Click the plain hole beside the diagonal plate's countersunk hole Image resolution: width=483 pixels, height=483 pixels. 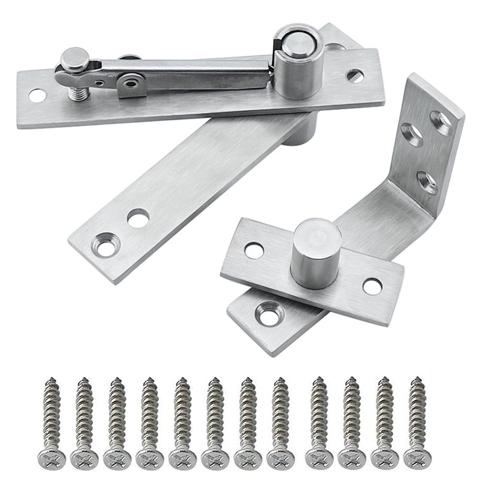(138, 218)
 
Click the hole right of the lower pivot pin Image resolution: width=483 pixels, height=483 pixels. (372, 286)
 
